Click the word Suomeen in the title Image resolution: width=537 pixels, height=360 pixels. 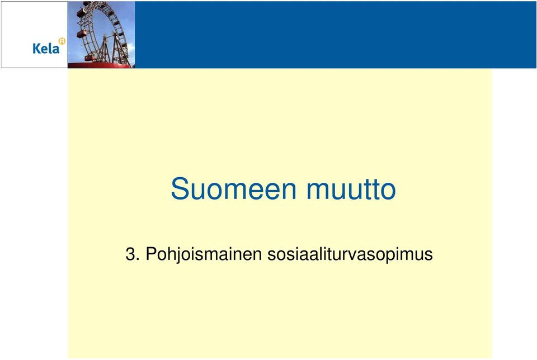[x=233, y=188]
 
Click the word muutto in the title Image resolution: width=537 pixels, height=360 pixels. [x=351, y=190]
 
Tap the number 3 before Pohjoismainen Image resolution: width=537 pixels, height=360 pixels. [x=130, y=254]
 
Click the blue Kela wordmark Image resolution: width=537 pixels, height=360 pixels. [x=46, y=48]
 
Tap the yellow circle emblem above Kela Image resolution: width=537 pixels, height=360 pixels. [x=62, y=41]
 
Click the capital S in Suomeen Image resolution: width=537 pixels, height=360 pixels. [x=179, y=188]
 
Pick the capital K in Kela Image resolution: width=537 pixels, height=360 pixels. [x=36, y=48]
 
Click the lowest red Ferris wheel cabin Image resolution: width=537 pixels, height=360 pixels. [x=90, y=58]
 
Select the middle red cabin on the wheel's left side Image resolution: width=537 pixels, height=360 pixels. [x=82, y=34]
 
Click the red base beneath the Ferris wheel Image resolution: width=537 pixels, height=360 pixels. [x=100, y=65]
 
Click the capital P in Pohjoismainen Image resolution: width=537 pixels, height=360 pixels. [x=151, y=254]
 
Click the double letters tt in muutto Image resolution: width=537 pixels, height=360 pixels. [x=371, y=190]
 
